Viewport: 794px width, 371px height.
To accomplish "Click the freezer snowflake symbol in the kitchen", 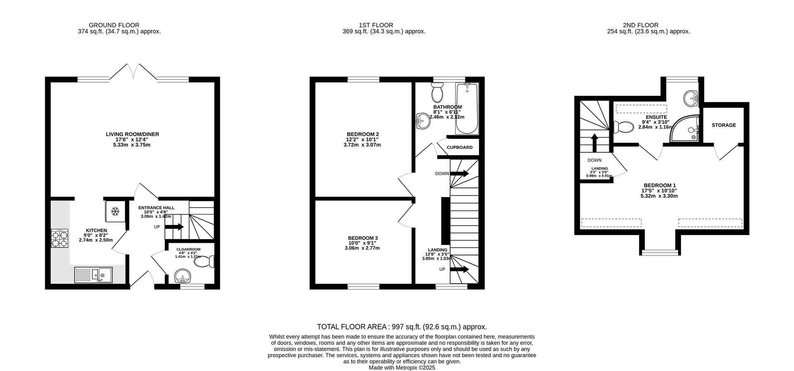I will pos(115,212).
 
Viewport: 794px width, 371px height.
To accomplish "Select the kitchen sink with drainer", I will pos(93,275).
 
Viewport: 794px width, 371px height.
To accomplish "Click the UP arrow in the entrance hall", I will pos(174,227).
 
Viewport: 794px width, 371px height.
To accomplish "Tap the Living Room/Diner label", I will pos(132,134).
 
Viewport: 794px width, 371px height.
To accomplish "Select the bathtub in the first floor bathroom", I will pos(467,108).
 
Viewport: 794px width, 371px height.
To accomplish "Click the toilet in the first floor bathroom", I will pos(437,92).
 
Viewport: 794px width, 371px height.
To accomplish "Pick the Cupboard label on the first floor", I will pos(459,147).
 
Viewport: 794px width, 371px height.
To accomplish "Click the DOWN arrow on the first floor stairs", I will pos(459,173).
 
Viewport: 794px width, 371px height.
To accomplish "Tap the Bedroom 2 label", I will pos(363,134).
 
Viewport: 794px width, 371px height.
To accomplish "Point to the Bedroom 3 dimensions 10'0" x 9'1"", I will pos(363,243).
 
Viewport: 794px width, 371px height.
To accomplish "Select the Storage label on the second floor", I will pos(724,125).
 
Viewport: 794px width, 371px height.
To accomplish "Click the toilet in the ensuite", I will pos(624,127).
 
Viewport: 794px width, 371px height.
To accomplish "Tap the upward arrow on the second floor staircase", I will pos(595,143).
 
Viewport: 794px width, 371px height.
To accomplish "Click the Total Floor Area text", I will pos(402,327).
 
